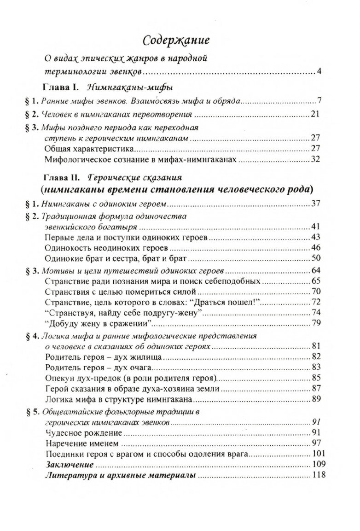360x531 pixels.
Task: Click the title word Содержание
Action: (176, 41)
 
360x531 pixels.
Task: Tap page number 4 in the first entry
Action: (319, 72)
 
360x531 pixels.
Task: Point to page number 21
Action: (315, 114)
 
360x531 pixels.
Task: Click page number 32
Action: (315, 159)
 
